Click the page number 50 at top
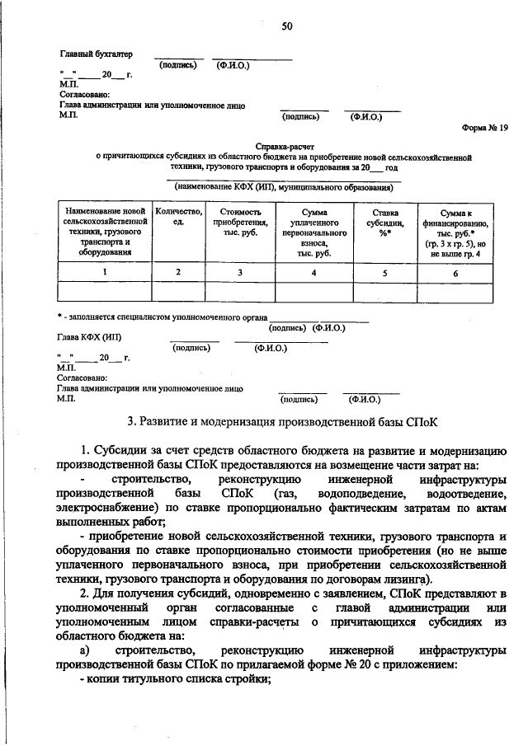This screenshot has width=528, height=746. pyautogui.click(x=286, y=26)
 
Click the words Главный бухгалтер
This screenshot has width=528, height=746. pyautogui.click(x=95, y=54)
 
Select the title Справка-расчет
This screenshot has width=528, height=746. pyautogui.click(x=283, y=143)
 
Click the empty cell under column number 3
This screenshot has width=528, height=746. pyautogui.click(x=239, y=293)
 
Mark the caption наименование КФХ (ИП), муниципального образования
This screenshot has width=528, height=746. pyautogui.click(x=283, y=187)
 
